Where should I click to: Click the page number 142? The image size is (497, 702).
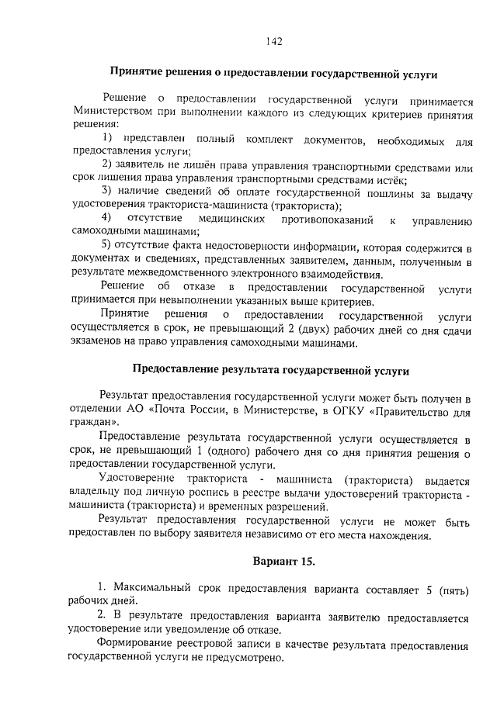point(272,41)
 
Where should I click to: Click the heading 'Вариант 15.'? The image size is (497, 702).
point(284,561)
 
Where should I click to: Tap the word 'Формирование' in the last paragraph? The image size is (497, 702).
point(133,645)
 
